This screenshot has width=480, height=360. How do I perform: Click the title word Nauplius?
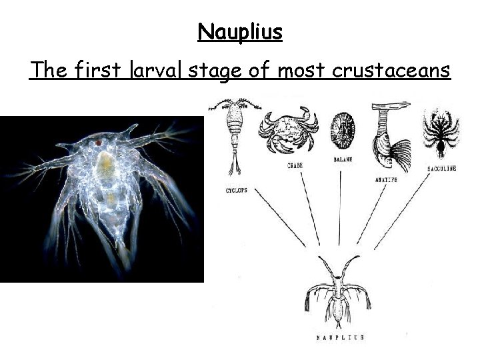coord(240,31)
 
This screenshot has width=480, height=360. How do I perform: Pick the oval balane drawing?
coord(343,130)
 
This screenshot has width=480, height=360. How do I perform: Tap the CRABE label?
coord(295,164)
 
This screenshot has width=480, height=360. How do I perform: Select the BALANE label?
coord(343,160)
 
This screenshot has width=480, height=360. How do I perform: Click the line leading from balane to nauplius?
coord(341,207)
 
